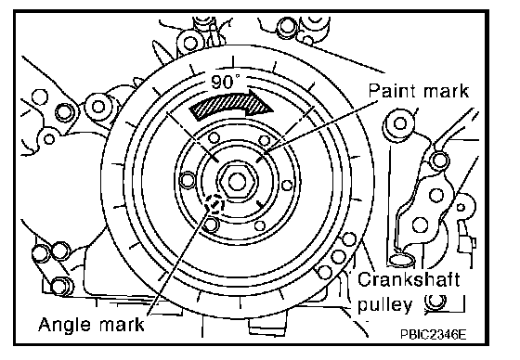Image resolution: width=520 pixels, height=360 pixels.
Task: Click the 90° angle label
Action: pyautogui.click(x=225, y=82)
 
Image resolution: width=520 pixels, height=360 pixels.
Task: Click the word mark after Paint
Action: pyautogui.click(x=444, y=91)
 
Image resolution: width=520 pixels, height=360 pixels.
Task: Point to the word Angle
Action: pyautogui.click(x=65, y=325)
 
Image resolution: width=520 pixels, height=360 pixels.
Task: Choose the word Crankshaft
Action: pyautogui.click(x=409, y=280)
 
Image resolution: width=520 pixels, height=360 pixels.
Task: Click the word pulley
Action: pyautogui.click(x=384, y=304)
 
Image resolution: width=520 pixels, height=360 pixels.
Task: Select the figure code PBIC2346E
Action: pyautogui.click(x=433, y=334)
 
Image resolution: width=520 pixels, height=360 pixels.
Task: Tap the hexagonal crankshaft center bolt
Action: pyautogui.click(x=237, y=182)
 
